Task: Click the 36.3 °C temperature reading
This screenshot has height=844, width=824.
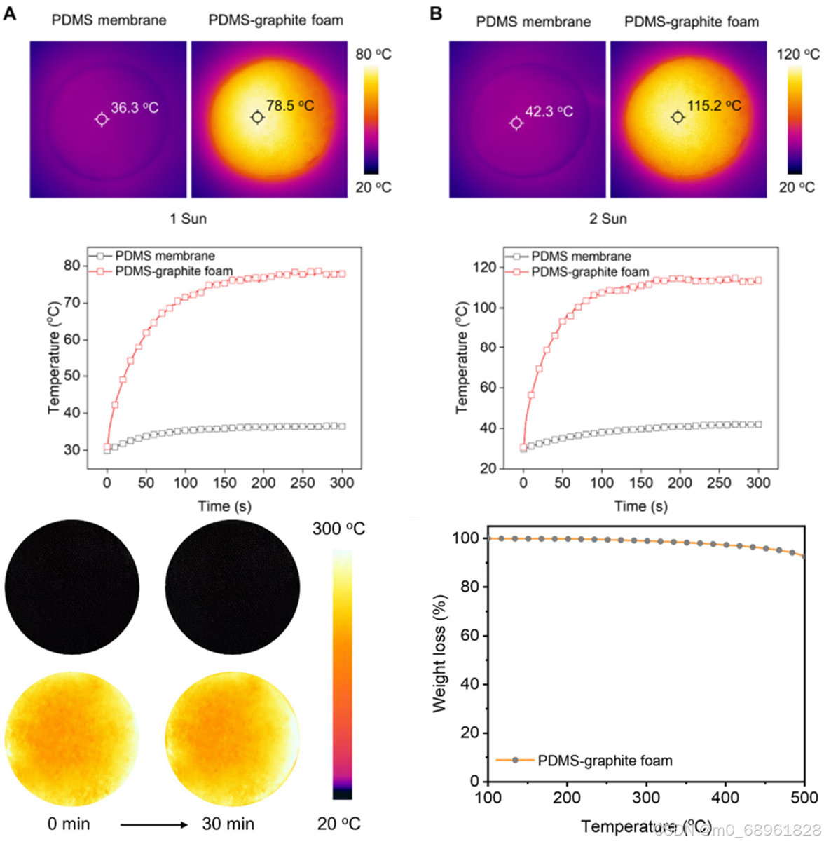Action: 135,108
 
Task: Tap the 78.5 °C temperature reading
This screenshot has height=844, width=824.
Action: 290,106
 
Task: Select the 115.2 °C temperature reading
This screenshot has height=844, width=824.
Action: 714,106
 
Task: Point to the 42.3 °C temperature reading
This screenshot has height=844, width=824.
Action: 549,111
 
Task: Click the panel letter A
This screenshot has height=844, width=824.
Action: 10,13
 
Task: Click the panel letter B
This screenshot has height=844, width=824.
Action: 436,13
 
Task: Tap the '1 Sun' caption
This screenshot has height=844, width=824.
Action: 188,219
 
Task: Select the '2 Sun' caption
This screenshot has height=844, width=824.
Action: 607,219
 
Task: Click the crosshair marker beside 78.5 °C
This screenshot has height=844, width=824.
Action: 257,118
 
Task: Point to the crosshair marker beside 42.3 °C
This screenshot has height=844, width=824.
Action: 516,123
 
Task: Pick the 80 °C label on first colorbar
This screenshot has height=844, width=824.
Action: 373,55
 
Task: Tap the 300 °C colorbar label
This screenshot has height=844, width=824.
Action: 338,529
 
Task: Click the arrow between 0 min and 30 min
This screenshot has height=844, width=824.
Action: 154,824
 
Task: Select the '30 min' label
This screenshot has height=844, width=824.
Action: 228,824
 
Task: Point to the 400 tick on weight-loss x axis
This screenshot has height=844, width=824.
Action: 725,797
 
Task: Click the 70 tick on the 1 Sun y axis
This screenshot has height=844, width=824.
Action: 71,303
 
